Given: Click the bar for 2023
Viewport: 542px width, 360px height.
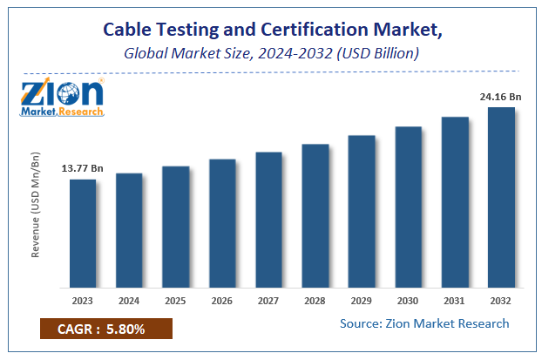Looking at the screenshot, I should (x=83, y=233).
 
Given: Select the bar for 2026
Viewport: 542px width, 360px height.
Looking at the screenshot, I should (x=222, y=223).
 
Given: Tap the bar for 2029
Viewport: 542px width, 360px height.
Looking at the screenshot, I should (x=362, y=211).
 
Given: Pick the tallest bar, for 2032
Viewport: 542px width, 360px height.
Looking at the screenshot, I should (x=500, y=197).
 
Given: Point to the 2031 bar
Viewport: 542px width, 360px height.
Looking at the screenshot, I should (x=454, y=201).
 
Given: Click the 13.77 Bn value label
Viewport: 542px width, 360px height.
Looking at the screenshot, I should (x=81, y=168).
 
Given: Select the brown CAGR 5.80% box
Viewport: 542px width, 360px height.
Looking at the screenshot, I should (x=105, y=329).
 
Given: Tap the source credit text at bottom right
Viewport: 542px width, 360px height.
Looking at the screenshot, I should (x=425, y=324).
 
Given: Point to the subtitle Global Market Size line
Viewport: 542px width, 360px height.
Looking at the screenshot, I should (x=271, y=53).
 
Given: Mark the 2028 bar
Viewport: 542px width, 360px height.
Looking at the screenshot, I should (x=315, y=215).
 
